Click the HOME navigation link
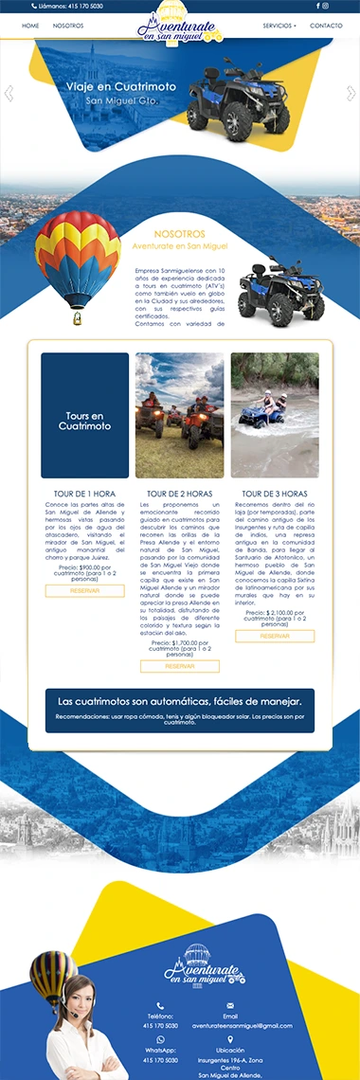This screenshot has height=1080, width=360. pos(30,26)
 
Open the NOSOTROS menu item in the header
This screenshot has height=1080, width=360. pos(68,26)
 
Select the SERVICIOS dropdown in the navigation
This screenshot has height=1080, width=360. pos(279,26)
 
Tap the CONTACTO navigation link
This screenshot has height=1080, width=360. pos(326,26)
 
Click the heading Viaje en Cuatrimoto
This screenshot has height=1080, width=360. pos(108,86)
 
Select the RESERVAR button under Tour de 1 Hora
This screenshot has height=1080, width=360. pos(84,591)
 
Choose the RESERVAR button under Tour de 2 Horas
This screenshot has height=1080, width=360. pos(179,666)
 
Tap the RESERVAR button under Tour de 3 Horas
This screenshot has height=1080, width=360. pos(275,637)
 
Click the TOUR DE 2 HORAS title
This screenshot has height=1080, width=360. pos(179,494)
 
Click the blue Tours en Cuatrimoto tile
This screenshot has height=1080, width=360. pos(84,416)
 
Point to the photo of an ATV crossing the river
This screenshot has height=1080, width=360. pos(275,416)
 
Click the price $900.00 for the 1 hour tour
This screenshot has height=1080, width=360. pos(84,567)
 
